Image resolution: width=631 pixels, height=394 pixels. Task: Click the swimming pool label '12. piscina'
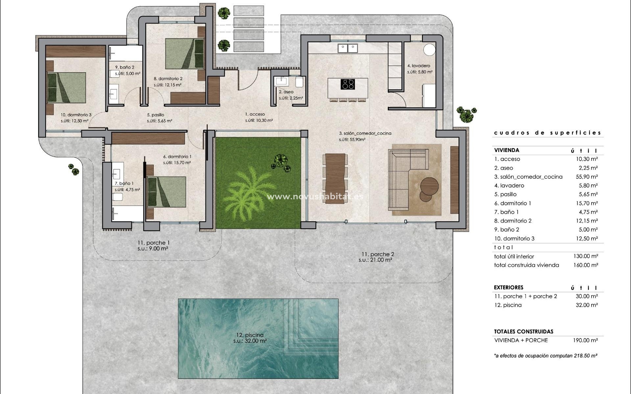click(250, 335)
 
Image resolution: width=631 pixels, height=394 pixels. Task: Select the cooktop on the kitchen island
click(348, 84)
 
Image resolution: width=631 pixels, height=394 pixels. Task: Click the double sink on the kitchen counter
click(348, 48)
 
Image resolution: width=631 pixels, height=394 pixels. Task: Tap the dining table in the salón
click(336, 179)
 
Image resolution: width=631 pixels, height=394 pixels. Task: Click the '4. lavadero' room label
click(419, 66)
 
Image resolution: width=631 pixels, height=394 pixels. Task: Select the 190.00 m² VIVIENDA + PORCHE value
click(585, 340)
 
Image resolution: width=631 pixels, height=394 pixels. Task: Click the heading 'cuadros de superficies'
click(548, 133)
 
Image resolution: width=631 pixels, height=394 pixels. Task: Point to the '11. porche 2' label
click(378, 254)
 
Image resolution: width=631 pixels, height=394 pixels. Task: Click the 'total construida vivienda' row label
click(526, 265)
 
